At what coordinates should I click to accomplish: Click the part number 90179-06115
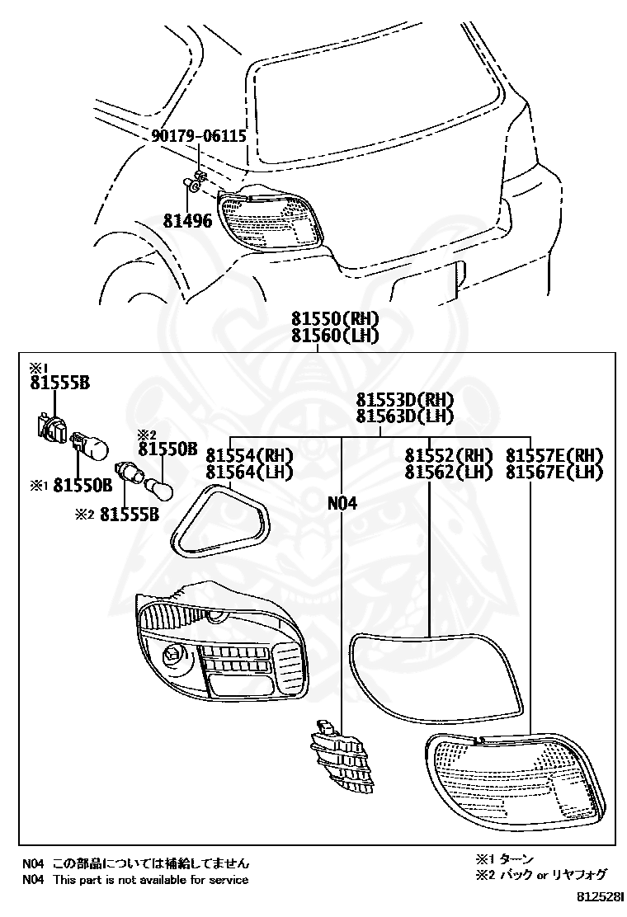coord(199,137)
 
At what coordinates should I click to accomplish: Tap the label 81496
coord(187,221)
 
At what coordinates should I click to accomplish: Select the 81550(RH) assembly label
coord(334,318)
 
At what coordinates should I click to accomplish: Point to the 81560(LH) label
coord(334,335)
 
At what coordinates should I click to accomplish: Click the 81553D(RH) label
coord(405,399)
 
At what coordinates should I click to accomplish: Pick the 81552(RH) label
coord(448,455)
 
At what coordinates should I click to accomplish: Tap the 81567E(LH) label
coord(554,472)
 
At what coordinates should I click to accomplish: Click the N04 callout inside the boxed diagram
coord(342,502)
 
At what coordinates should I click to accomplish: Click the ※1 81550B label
coord(72,485)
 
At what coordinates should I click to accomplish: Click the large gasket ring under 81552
coord(435,672)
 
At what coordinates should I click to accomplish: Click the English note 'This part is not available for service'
coord(150,879)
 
